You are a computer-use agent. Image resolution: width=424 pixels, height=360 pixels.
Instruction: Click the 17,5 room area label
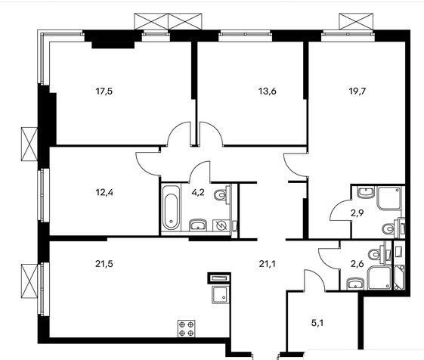pyautogui.click(x=104, y=92)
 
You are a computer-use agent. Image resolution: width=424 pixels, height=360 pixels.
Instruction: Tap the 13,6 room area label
pyautogui.click(x=267, y=92)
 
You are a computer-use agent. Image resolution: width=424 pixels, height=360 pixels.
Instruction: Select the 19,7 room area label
pyautogui.click(x=357, y=92)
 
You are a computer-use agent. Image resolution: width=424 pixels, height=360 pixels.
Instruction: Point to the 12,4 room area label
pyautogui.click(x=104, y=192)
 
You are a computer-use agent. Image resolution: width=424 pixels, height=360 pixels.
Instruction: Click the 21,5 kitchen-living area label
pyautogui.click(x=104, y=263)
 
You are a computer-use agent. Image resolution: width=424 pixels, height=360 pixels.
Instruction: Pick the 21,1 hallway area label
pyautogui.click(x=267, y=263)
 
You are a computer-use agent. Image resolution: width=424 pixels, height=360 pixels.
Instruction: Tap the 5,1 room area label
pyautogui.click(x=317, y=323)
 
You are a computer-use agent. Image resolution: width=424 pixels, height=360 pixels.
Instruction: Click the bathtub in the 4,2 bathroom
pyautogui.click(x=171, y=208)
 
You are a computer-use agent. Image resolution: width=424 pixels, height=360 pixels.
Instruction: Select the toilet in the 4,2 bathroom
pyautogui.click(x=221, y=194)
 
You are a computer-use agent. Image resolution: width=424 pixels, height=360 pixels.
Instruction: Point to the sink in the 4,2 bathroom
pyautogui.click(x=198, y=225)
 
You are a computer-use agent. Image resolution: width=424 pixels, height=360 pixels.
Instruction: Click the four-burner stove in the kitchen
pyautogui.click(x=187, y=328)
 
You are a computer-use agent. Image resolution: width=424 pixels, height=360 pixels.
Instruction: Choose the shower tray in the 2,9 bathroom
pyautogui.click(x=389, y=198)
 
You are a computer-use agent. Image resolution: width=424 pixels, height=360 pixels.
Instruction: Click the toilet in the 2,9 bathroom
pyautogui.click(x=389, y=228)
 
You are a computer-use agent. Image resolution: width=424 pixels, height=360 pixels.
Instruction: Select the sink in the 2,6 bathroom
pyautogui.click(x=355, y=284)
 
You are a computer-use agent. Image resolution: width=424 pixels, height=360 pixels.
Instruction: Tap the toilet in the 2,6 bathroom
pyautogui.click(x=376, y=254)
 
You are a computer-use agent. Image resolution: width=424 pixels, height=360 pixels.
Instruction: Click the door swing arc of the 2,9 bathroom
pyautogui.click(x=336, y=206)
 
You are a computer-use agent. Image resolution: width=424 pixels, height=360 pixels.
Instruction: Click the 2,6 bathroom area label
pyautogui.click(x=357, y=263)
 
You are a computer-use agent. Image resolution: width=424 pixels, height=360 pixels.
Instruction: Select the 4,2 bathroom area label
pyautogui.click(x=198, y=192)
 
